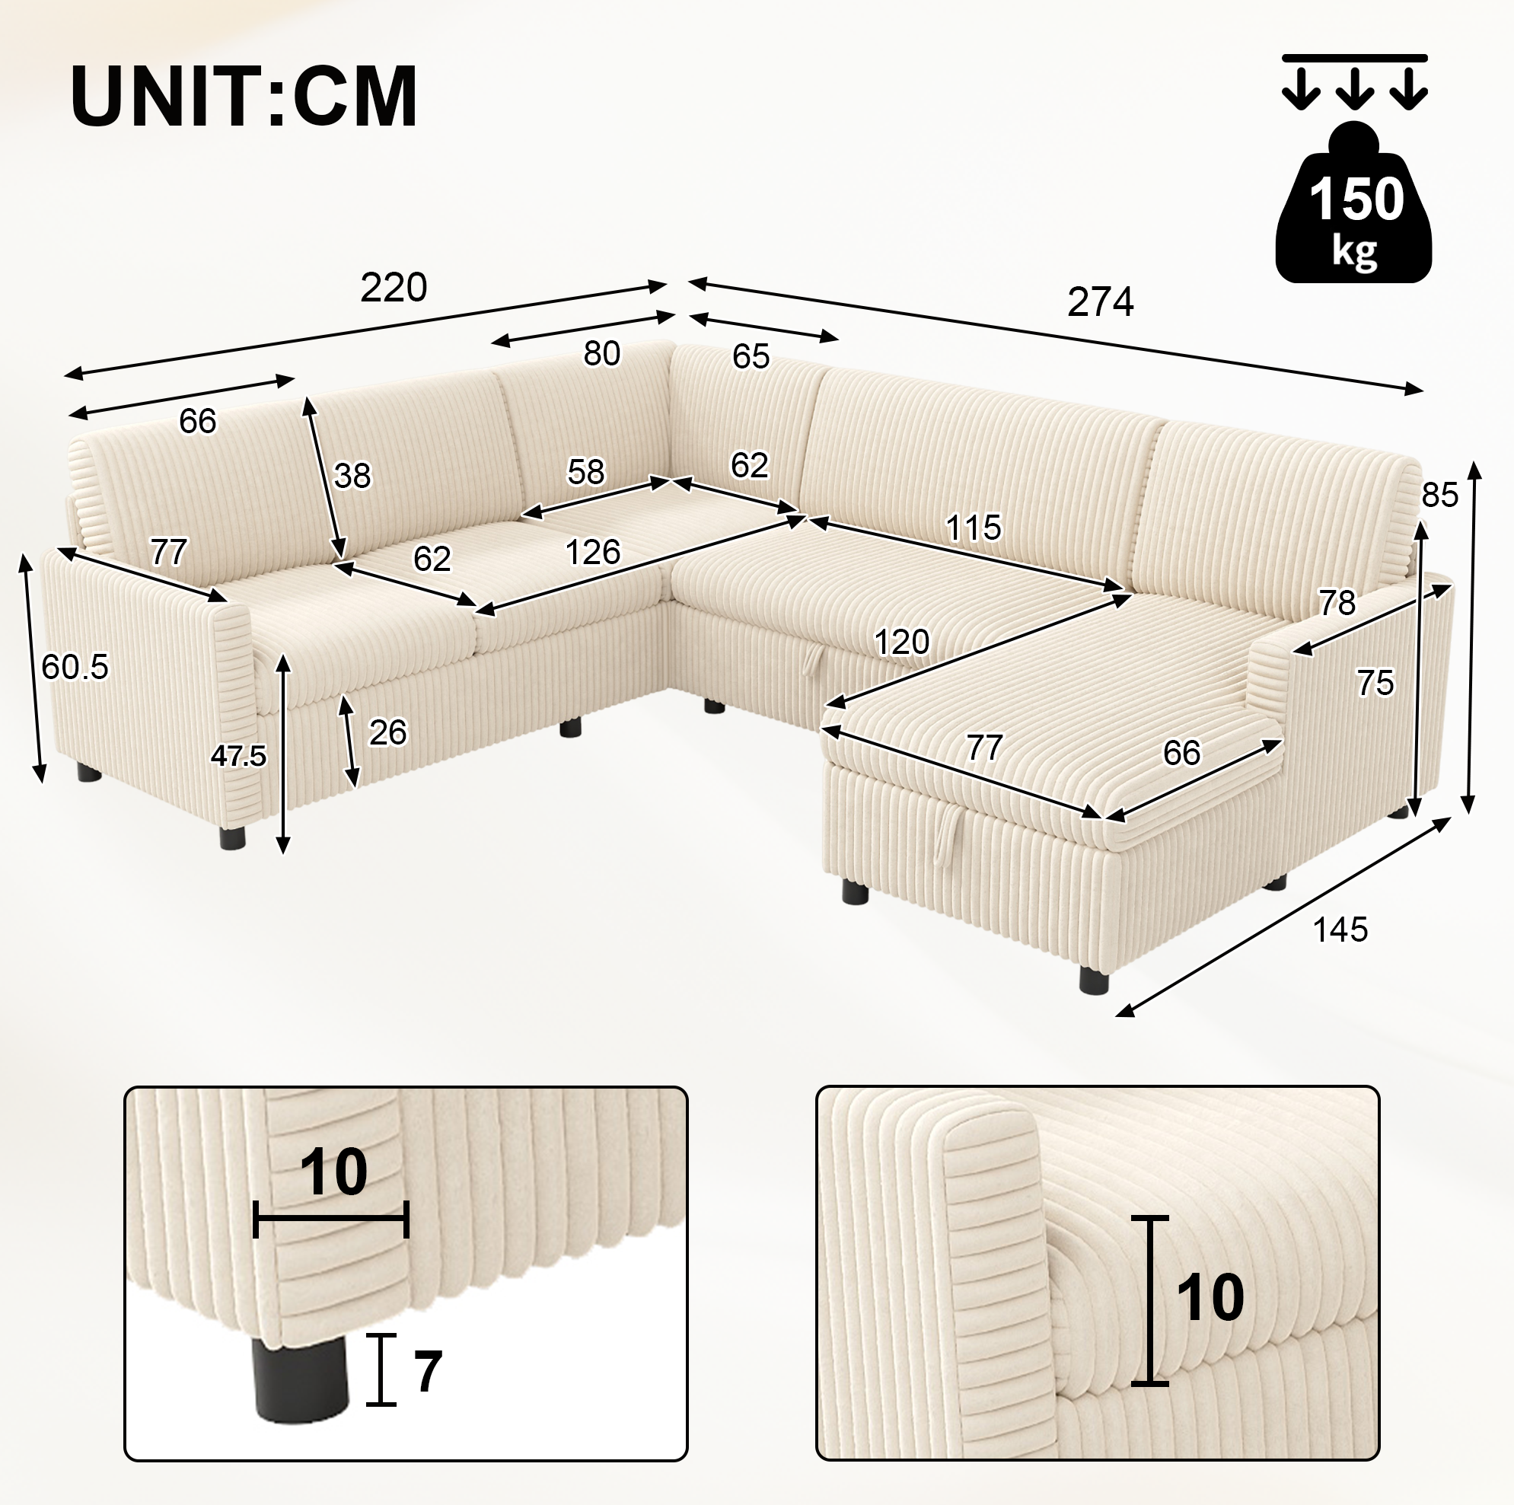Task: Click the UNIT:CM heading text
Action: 244,97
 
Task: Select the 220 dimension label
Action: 394,288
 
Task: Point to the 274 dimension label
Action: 1100,301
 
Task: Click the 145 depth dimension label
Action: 1340,929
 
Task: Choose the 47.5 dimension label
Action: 239,756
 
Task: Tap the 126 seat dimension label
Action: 592,553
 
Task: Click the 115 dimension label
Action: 974,528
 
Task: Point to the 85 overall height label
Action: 1439,496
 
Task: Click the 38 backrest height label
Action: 352,476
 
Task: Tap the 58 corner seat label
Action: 586,472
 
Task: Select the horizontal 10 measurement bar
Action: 330,1217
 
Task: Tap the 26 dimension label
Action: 387,733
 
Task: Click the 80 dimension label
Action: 602,354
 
